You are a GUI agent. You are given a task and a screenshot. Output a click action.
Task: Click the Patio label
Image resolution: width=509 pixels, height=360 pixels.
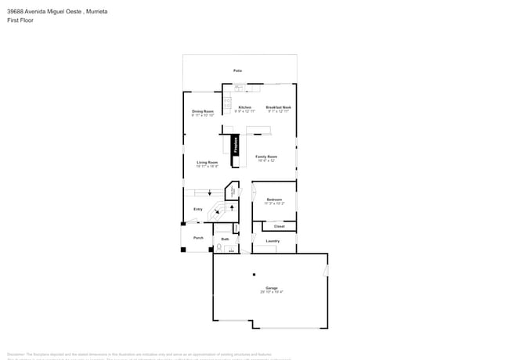tap(237, 70)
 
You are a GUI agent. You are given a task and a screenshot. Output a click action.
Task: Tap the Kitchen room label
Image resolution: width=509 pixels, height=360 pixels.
tap(245, 107)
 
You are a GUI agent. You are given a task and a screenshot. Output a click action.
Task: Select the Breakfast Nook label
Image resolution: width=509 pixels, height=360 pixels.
tap(278, 107)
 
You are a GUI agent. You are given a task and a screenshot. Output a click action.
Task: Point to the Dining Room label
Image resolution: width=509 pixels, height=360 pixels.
tap(203, 111)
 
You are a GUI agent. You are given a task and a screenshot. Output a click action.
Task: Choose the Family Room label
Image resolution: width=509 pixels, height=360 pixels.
tap(266, 157)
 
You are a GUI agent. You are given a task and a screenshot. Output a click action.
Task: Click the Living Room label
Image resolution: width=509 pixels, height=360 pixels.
tap(207, 162)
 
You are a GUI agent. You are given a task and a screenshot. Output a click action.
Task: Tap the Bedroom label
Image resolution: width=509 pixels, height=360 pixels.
tap(274, 200)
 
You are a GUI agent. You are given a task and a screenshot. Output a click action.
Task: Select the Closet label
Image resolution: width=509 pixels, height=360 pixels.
tap(280, 226)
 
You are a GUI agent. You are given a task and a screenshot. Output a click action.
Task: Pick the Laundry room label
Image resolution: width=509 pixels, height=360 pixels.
tap(273, 241)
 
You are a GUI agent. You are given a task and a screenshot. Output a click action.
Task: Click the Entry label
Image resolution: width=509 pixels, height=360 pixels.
tap(198, 209)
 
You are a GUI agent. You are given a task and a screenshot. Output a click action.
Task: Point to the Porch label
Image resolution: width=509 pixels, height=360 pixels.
tap(198, 237)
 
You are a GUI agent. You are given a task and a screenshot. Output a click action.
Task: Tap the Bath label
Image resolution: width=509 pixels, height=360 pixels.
tap(225, 239)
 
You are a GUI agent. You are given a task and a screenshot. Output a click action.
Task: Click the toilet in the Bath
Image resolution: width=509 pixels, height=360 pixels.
tap(219, 247)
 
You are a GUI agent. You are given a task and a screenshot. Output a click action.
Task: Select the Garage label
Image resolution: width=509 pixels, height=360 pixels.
tap(271, 288)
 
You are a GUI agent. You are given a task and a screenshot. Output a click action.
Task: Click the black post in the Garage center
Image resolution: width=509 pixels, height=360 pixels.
tap(253, 275)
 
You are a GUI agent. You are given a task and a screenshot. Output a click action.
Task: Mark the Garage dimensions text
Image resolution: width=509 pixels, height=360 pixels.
tap(271, 292)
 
